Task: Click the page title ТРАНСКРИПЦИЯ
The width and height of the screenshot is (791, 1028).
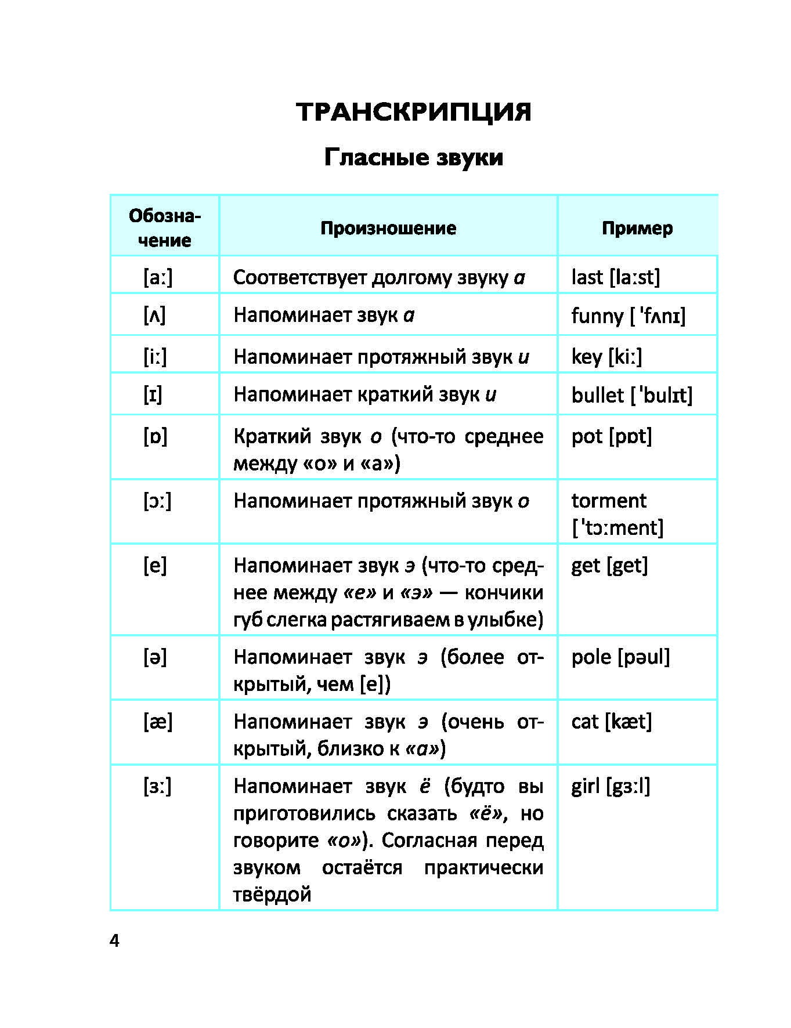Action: [x=413, y=111]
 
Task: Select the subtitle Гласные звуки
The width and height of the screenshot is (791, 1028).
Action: [x=413, y=157]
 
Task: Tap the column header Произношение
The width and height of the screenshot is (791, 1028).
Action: [x=388, y=228]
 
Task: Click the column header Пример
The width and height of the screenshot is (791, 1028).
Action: [x=637, y=228]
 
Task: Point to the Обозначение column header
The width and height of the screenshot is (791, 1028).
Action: [x=165, y=228]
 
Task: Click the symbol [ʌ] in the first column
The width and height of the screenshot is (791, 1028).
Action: [x=154, y=315]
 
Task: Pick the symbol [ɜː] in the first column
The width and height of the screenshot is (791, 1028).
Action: [x=157, y=787]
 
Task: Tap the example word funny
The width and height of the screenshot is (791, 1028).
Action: [x=597, y=316]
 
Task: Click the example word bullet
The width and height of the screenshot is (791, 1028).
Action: [x=597, y=395]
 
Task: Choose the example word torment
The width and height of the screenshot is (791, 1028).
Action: [x=608, y=501]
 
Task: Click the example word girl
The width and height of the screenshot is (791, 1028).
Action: [x=585, y=787]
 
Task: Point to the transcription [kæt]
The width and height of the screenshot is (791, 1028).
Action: [x=629, y=722]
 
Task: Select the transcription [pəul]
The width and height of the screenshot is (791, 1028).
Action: [x=644, y=657]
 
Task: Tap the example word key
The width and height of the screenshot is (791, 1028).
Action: [x=586, y=357]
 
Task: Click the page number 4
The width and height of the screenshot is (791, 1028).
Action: [x=114, y=941]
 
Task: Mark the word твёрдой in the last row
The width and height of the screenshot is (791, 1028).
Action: [x=272, y=895]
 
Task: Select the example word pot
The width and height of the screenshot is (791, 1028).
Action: [x=587, y=436]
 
